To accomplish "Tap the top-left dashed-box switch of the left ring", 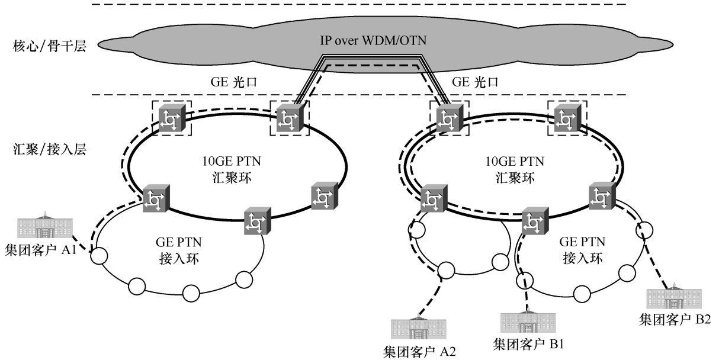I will tap(172, 117).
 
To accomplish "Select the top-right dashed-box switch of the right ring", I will tap(567, 117).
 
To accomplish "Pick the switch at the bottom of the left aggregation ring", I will tap(256, 221).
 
